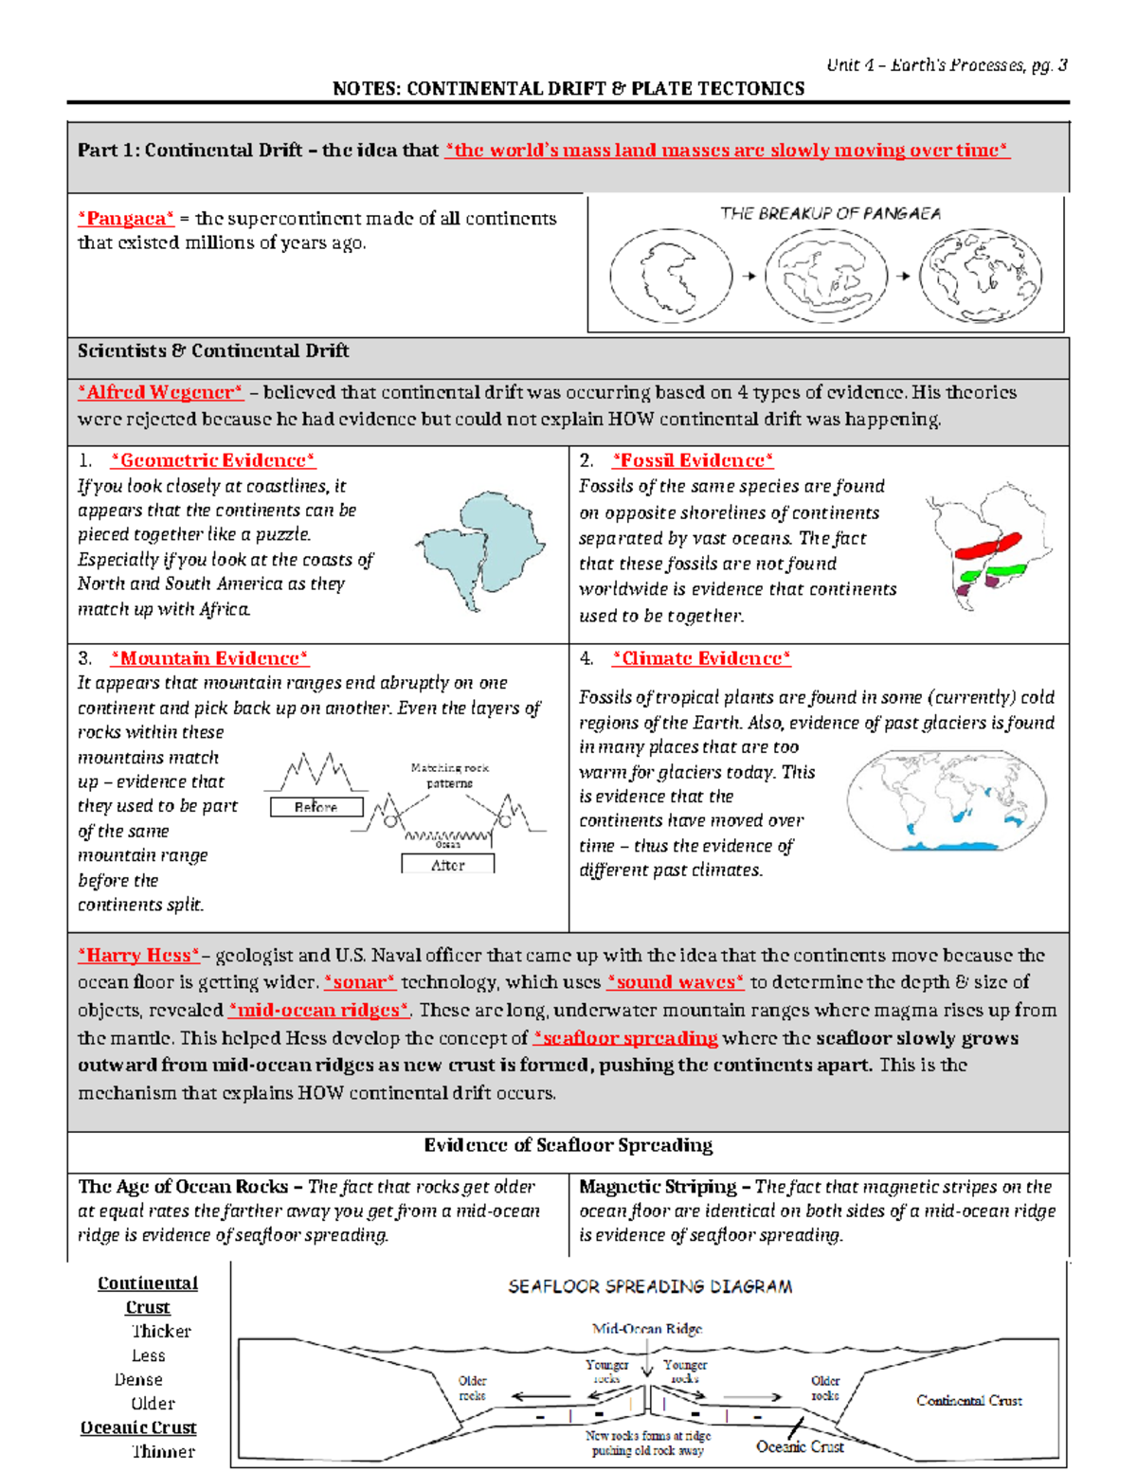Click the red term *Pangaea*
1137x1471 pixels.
[125, 219]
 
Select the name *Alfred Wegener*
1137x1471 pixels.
[160, 392]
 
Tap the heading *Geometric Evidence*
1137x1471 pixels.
[213, 460]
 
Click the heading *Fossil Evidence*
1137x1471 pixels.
[693, 460]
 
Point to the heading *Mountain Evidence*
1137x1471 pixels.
[209, 658]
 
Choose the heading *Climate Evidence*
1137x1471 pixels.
[701, 658]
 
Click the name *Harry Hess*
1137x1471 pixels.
[138, 956]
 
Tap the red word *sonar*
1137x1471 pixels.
[359, 982]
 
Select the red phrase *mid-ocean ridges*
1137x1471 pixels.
[319, 1010]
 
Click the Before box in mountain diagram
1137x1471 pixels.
[316, 807]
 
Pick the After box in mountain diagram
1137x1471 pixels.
[447, 865]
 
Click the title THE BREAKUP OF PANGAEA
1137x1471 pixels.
[830, 213]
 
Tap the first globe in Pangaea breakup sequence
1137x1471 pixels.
[671, 276]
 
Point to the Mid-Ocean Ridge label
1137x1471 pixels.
[647, 1329]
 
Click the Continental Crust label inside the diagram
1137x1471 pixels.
[968, 1400]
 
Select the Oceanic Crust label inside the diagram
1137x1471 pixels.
[800, 1446]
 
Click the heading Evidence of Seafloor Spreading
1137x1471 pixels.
[568, 1145]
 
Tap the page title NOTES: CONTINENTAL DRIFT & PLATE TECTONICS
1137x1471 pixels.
[568, 88]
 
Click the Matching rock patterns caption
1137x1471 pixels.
[449, 775]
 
